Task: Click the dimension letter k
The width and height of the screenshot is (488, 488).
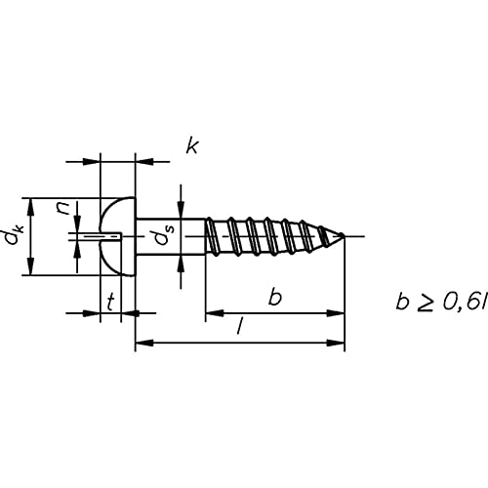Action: click(x=192, y=146)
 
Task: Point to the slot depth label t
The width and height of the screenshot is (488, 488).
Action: click(x=111, y=302)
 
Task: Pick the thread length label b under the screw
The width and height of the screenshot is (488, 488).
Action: click(x=275, y=297)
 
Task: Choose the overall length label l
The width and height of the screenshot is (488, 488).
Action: click(x=240, y=326)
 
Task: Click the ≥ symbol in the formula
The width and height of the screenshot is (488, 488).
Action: click(x=425, y=304)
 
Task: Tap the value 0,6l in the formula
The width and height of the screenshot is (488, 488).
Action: click(x=465, y=303)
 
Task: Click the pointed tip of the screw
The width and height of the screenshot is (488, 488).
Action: click(x=344, y=236)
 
